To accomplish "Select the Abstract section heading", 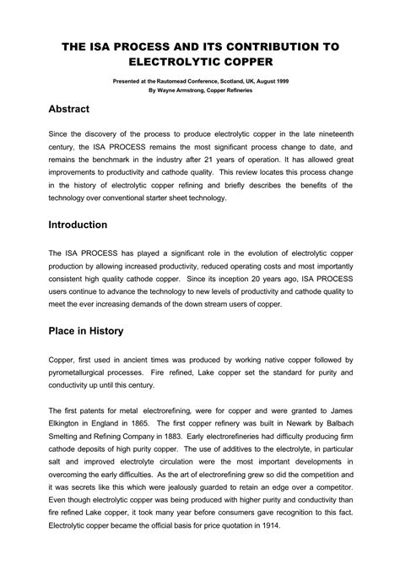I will click(x=71, y=109).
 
